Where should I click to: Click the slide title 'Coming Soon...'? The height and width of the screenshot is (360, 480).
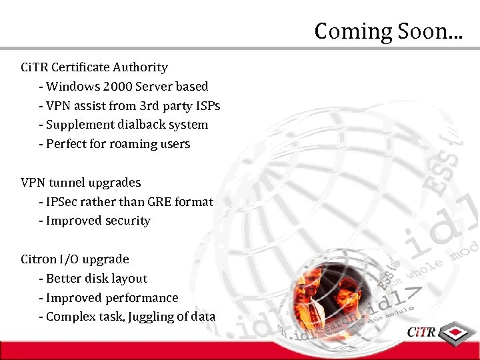click(x=387, y=31)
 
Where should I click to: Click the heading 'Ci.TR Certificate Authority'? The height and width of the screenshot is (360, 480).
click(x=94, y=67)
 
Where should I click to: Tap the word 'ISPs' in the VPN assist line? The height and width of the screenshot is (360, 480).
click(x=206, y=106)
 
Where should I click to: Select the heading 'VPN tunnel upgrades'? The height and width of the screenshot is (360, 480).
click(x=81, y=182)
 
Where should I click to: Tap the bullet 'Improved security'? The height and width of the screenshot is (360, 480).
click(x=98, y=221)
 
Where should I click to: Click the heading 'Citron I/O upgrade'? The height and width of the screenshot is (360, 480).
click(x=75, y=259)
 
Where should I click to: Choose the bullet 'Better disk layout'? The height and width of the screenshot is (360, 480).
click(x=96, y=278)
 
